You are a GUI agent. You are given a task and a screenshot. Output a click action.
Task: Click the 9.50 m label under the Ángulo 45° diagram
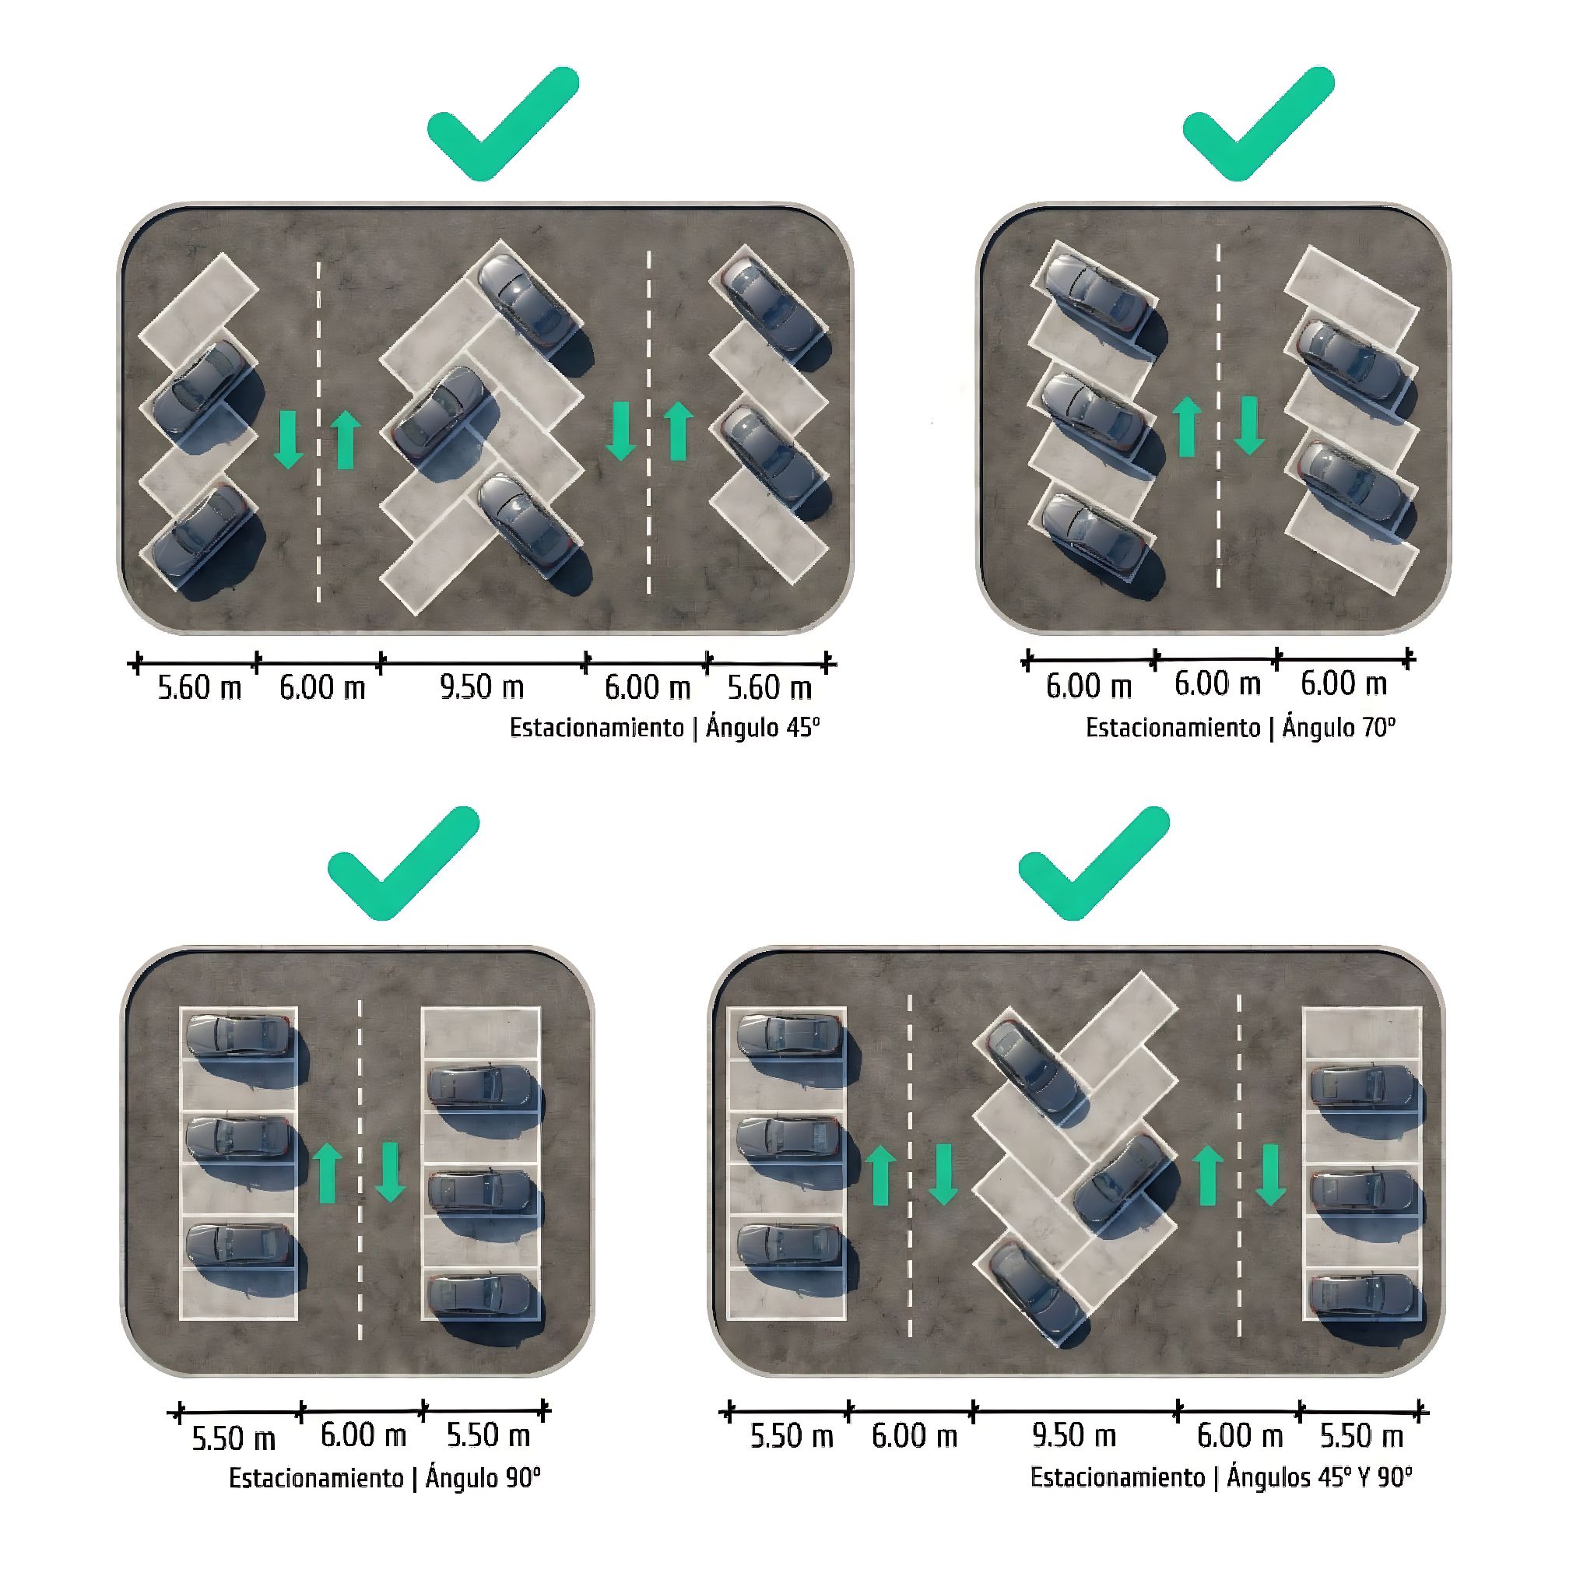click(x=482, y=687)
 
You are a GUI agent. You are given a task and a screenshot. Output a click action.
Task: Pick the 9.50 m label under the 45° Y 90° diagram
click(x=1074, y=1435)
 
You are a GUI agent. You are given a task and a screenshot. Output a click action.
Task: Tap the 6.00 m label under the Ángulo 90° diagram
click(x=363, y=1435)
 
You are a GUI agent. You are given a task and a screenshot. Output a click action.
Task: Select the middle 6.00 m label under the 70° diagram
click(x=1218, y=684)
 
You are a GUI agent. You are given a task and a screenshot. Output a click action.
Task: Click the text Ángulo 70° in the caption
click(x=1339, y=728)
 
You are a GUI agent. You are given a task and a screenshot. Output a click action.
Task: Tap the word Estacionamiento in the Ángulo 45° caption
click(x=596, y=728)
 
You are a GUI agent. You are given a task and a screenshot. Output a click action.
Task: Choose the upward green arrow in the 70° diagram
click(x=1187, y=426)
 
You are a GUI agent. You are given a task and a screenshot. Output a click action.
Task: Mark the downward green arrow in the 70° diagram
click(x=1250, y=426)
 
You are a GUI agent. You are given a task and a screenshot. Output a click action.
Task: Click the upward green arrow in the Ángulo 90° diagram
click(x=328, y=1172)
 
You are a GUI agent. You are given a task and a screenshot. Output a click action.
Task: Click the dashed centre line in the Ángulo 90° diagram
click(x=360, y=1170)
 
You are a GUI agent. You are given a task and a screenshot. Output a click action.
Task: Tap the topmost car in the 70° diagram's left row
click(x=1096, y=293)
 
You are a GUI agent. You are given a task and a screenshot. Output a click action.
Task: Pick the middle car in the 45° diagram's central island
click(x=440, y=413)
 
